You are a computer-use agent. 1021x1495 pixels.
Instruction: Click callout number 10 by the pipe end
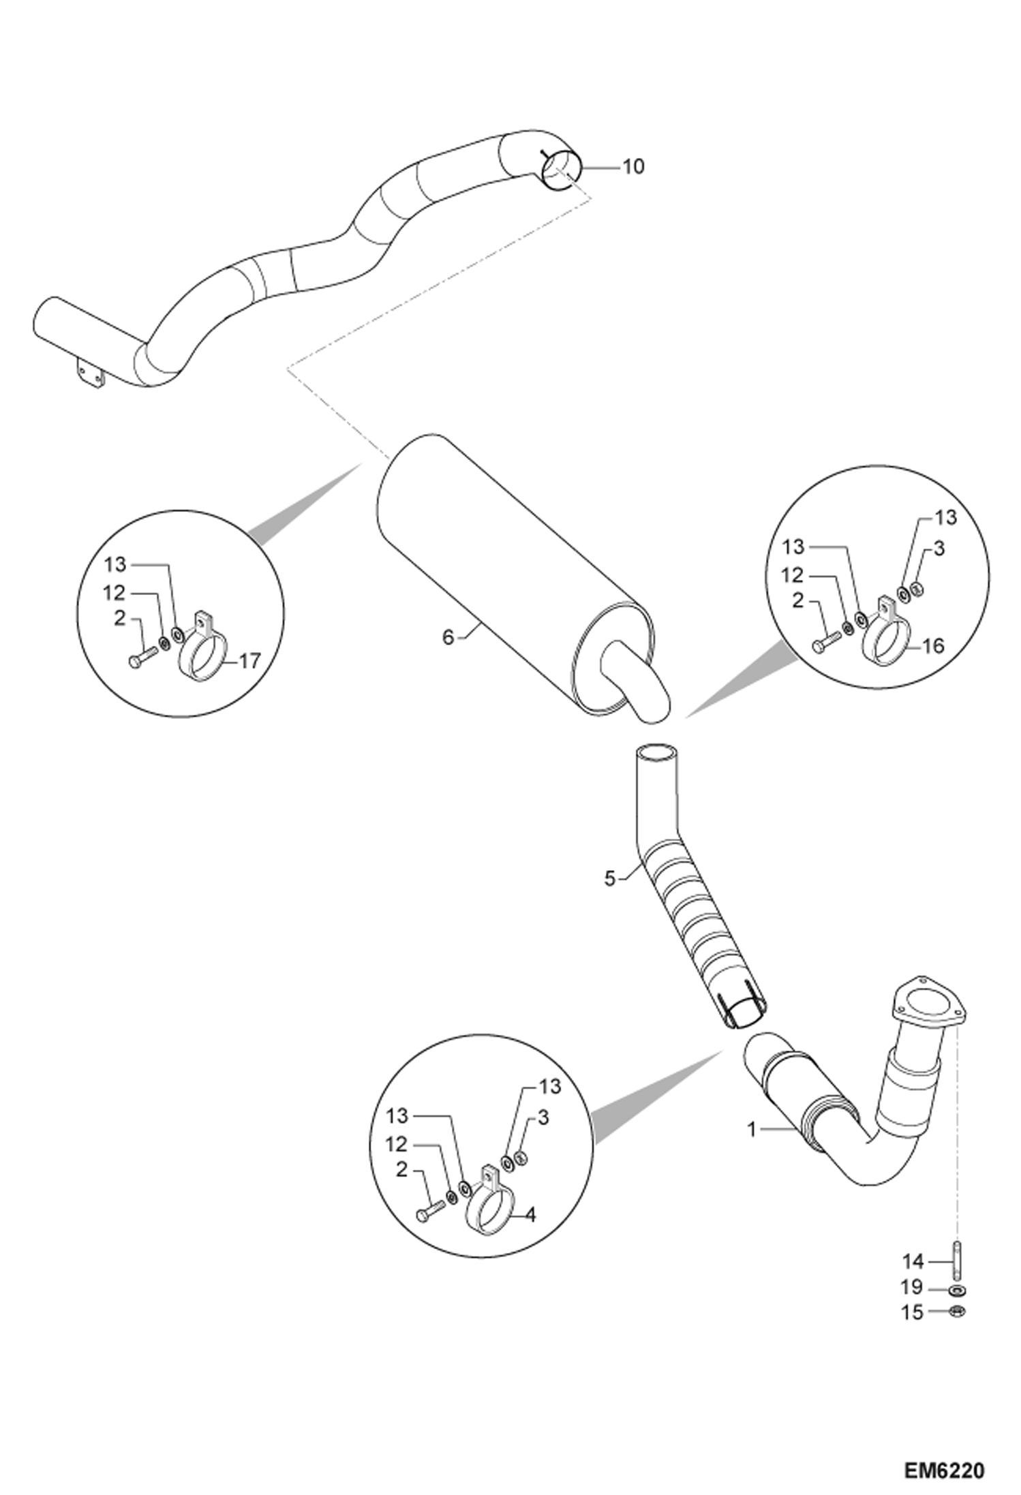click(x=633, y=166)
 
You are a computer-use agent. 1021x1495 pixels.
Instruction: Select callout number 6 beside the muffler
click(x=448, y=638)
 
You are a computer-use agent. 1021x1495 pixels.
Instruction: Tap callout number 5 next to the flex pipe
click(x=609, y=879)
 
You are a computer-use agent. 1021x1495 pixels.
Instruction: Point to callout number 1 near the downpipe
click(x=752, y=1130)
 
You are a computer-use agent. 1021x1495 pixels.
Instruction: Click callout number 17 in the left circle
click(x=250, y=661)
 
